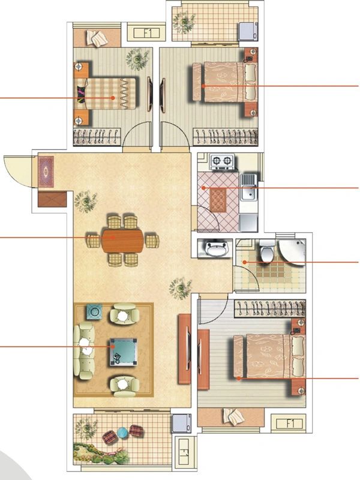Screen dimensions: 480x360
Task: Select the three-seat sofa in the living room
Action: [85, 350]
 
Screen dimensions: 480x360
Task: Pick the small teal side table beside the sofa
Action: [94, 311]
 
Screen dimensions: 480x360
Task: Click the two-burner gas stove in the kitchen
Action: [221, 161]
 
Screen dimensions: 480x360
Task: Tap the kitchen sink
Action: [248, 187]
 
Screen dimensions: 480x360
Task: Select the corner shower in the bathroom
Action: [293, 251]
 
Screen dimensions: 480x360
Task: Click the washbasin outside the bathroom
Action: [214, 248]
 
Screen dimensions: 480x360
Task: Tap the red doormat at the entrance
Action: [46, 171]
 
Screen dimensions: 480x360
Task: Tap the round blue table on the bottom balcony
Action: [122, 433]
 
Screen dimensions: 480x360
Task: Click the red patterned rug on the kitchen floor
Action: [218, 199]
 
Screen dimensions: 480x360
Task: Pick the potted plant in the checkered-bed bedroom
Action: [138, 59]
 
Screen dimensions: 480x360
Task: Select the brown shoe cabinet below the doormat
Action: [50, 198]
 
